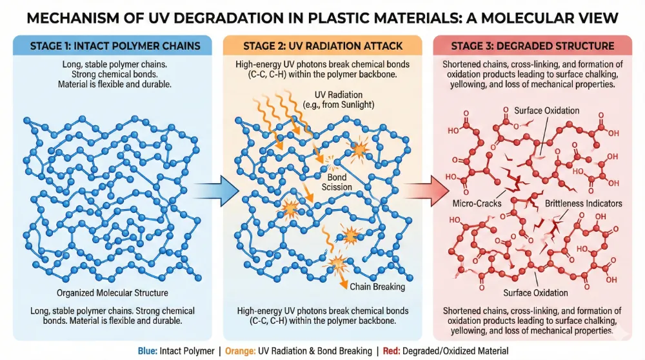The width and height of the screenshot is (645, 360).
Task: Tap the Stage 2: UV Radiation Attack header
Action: (322, 46)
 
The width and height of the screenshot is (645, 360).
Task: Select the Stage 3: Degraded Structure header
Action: (533, 46)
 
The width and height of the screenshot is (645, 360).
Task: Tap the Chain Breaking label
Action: (377, 286)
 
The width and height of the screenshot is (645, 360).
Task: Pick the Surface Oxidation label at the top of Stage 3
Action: (546, 110)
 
